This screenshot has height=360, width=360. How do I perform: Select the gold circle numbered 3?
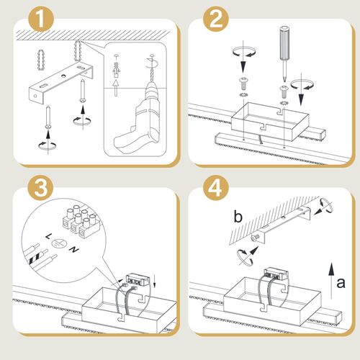pyautogui.click(x=41, y=188)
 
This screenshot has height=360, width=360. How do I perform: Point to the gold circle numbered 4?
pyautogui.click(x=216, y=188)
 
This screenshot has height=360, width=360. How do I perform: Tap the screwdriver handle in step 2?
pyautogui.click(x=284, y=42)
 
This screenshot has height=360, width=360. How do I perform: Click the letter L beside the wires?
pyautogui.click(x=48, y=237)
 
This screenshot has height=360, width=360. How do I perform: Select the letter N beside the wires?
pyautogui.click(x=73, y=250)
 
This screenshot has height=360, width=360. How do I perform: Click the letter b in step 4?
pyautogui.click(x=238, y=217)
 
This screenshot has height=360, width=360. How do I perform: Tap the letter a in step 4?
pyautogui.click(x=341, y=283)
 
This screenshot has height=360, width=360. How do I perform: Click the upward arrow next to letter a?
pyautogui.click(x=331, y=281)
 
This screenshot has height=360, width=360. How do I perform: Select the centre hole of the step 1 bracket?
pyautogui.click(x=63, y=76)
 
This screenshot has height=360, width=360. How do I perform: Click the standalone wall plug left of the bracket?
pyautogui.click(x=41, y=60)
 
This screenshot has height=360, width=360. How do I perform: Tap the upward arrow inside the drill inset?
pyautogui.click(x=116, y=88)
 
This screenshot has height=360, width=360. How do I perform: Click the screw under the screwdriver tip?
pyautogui.click(x=284, y=91)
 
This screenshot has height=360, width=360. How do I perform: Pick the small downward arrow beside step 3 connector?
pyautogui.click(x=154, y=282)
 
